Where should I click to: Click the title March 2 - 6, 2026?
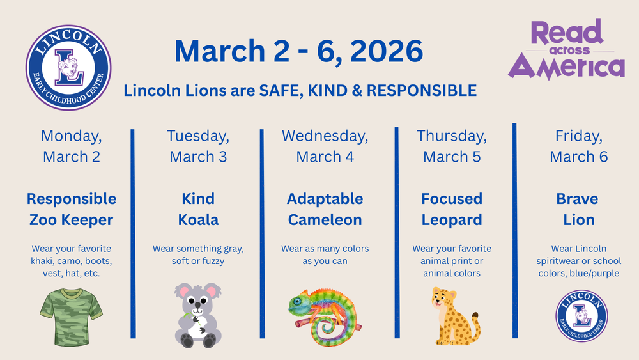pyautogui.click(x=298, y=51)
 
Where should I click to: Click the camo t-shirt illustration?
pyautogui.click(x=72, y=311)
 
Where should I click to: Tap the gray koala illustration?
pyautogui.click(x=197, y=314)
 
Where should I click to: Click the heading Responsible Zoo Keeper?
pyautogui.click(x=72, y=209)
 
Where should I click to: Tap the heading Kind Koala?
pyautogui.click(x=198, y=209)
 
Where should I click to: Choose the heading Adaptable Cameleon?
pyautogui.click(x=325, y=209)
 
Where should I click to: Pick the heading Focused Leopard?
pyautogui.click(x=452, y=209)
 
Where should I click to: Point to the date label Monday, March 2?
pyautogui.click(x=72, y=146)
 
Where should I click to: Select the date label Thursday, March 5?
pyautogui.click(x=452, y=146)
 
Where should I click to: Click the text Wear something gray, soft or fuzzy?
pyautogui.click(x=198, y=254)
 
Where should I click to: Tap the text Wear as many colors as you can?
pyautogui.click(x=325, y=254)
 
